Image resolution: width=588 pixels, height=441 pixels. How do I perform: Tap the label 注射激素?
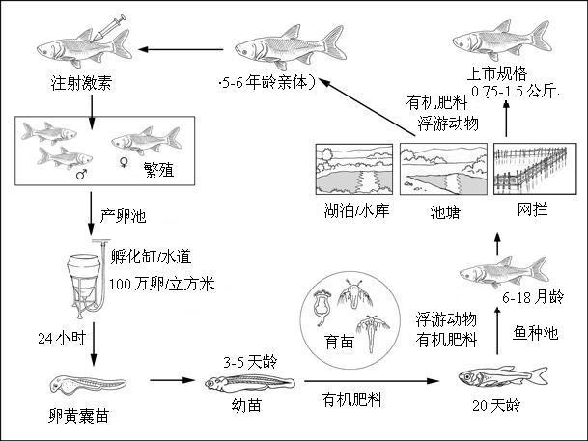point(78,83)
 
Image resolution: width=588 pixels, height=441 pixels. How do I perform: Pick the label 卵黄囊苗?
point(77,421)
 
